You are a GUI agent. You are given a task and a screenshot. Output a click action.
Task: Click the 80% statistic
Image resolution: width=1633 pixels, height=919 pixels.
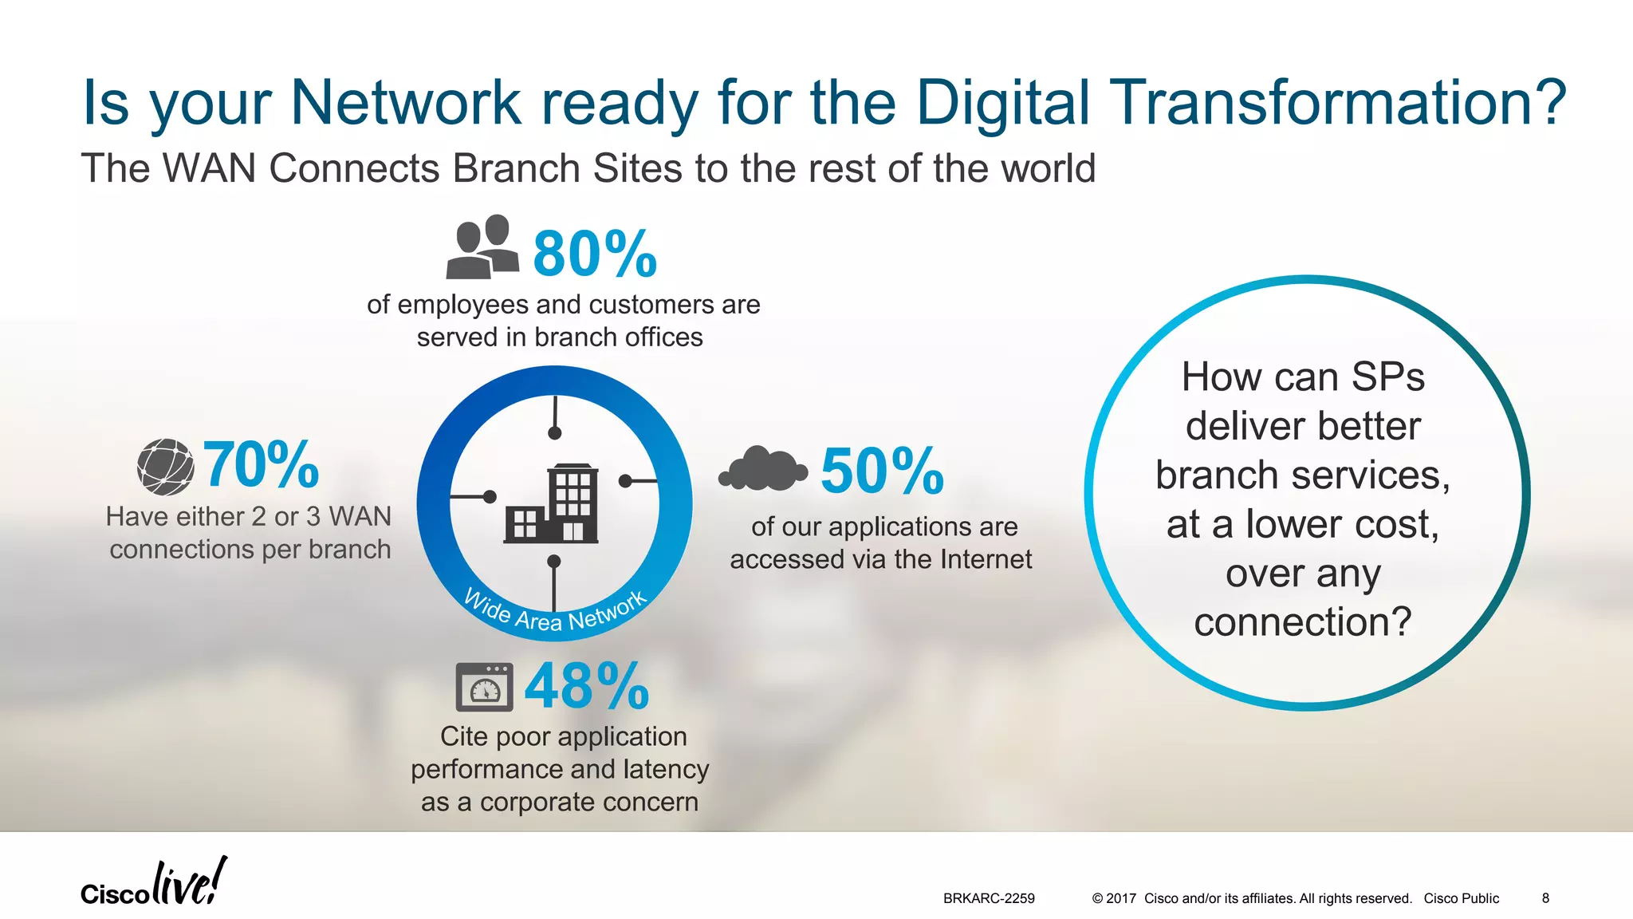point(595,254)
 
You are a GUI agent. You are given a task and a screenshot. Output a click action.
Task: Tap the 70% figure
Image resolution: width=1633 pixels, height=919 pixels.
point(261,465)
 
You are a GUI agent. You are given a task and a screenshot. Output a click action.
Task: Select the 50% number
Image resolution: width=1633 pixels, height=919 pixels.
point(882,471)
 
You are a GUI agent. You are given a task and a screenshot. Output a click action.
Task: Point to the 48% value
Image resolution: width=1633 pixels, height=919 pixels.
point(587,686)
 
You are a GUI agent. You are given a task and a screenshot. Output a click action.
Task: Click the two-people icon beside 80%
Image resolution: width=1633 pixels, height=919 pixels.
point(482,247)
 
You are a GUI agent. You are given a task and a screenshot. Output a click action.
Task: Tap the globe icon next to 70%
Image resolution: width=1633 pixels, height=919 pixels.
point(166,467)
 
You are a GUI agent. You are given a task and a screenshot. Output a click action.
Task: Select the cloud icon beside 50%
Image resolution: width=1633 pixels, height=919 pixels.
point(764,469)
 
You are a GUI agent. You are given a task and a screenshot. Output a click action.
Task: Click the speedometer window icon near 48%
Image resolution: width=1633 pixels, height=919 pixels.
point(484,687)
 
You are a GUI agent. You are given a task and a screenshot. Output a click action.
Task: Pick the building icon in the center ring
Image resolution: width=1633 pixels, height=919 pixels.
point(552,504)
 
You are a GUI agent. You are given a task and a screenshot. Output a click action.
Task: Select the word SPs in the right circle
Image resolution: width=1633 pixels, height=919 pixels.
point(1387,377)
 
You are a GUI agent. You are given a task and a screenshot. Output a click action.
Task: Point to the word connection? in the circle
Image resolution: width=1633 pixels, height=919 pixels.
point(1302,622)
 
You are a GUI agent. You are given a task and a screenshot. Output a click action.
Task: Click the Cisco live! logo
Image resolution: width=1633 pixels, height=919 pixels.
point(154,884)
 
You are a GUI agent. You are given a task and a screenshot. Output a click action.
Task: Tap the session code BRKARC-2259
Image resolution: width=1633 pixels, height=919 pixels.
point(989,898)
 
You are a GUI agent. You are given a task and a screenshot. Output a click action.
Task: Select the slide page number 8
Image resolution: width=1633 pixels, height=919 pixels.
point(1545,898)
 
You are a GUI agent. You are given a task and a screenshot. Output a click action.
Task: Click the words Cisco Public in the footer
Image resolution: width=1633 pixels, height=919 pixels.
point(1461,898)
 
